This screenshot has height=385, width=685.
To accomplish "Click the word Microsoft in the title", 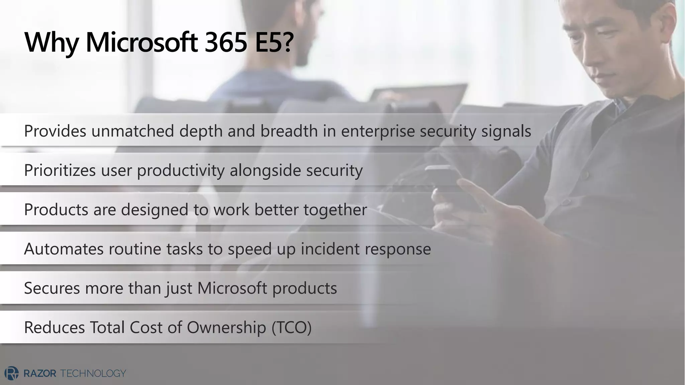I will (141, 42).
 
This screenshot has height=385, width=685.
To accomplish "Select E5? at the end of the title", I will (274, 42).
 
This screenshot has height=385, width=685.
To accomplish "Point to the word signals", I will (506, 131).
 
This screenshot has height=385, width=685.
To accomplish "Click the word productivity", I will (181, 171).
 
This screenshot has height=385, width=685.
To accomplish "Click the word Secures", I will (52, 288).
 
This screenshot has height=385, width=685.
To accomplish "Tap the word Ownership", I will (226, 328).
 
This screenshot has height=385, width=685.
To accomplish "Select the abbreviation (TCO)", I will (291, 328).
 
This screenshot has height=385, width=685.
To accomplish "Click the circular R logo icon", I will (12, 373).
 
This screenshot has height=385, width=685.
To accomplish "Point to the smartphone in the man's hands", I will (452, 187).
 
